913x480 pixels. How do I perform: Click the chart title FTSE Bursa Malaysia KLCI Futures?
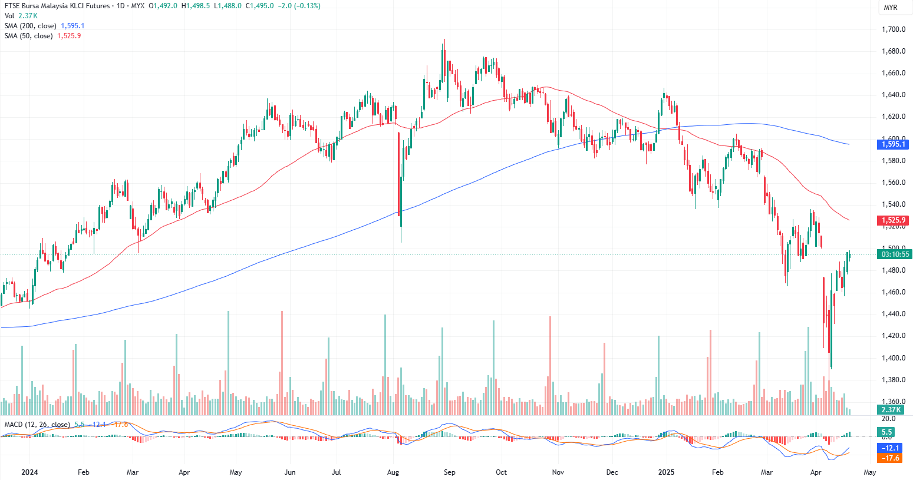pos(57,6)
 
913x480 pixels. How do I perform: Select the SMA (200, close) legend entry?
pos(31,26)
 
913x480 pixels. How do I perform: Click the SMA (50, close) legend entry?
pos(29,36)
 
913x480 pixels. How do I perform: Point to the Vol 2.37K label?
pos(21,16)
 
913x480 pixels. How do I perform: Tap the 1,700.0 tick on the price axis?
pos(894,29)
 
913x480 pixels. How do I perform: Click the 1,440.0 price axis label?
pos(894,314)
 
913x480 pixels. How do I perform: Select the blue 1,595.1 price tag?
pos(894,144)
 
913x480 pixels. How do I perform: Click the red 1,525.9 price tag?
pos(894,220)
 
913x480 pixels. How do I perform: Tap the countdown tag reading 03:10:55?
pos(895,254)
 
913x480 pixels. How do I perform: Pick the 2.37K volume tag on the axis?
pos(891,410)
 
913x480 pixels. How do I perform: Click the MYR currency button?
pos(890,8)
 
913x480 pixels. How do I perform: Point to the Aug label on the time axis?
pos(393,472)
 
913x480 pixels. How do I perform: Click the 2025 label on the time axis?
pos(667,472)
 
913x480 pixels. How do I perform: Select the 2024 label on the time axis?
pos(29,472)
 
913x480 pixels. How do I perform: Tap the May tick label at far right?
pos(869,472)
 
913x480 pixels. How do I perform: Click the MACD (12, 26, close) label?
pos(37,425)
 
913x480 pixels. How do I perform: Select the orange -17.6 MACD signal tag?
pos(890,458)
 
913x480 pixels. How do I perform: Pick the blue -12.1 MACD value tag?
pos(890,448)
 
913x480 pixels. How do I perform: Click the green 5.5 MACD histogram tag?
pos(886,432)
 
